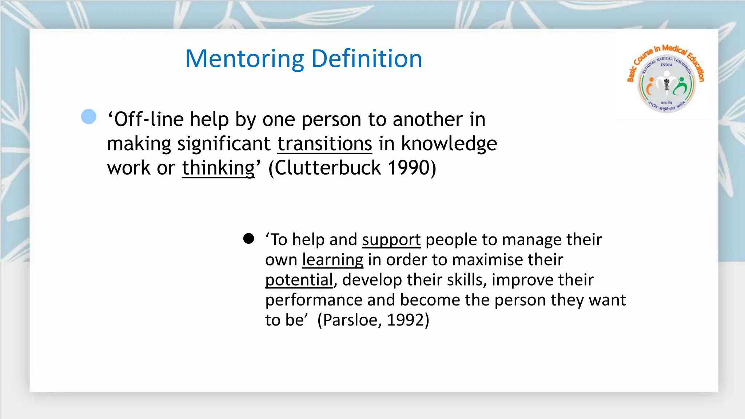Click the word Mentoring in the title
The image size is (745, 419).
tap(244, 59)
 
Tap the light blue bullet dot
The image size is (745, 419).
tap(89, 117)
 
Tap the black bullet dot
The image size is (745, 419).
tap(249, 239)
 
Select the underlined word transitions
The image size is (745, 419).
tap(325, 144)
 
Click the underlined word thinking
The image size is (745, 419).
tap(218, 168)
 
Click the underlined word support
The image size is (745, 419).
tap(391, 240)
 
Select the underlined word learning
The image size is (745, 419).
tap(332, 260)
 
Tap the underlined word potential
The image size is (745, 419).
tap(299, 280)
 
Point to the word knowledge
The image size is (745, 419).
tap(449, 144)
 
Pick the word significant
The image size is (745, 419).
tap(224, 144)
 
